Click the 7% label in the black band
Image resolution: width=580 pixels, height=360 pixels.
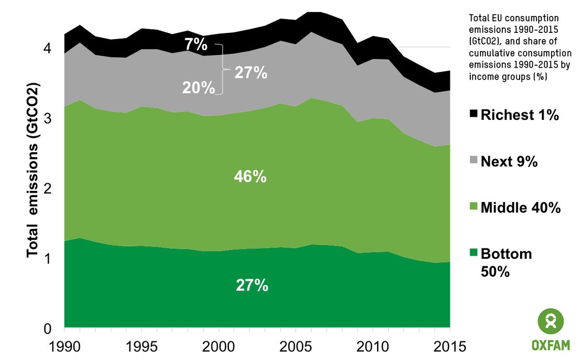[196, 46]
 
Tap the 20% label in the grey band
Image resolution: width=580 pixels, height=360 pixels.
[198, 87]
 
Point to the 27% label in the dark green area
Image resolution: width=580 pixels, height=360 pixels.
[252, 286]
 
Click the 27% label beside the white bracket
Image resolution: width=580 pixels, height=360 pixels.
[251, 73]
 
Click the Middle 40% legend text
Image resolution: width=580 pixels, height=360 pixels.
[521, 208]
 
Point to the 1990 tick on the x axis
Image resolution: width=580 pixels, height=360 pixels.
[65, 347]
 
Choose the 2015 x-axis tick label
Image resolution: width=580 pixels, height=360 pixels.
[449, 347]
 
